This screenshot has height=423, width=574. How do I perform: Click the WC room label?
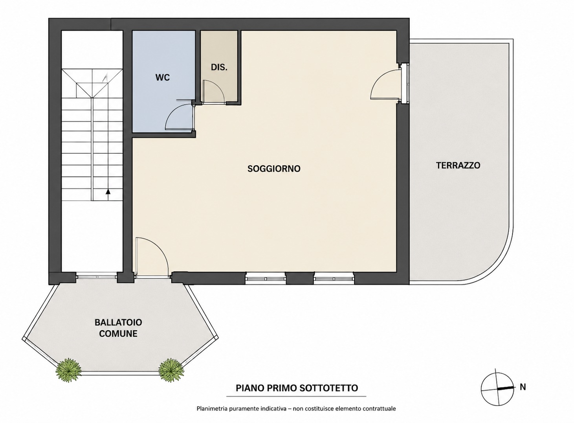coord(163,77)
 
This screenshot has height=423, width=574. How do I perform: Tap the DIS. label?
coord(219,68)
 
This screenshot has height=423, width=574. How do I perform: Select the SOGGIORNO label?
coord(274,169)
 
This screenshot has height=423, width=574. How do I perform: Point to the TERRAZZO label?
coord(458,166)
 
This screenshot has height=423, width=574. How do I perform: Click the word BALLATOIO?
coord(118,322)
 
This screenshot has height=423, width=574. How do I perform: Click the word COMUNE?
coord(118,333)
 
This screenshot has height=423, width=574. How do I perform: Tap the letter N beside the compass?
coord(523,387)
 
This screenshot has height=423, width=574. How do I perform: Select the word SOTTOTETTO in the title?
coord(328,388)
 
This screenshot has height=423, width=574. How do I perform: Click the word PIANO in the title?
coord(250,388)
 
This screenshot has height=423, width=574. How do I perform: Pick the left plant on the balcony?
coord(68,370)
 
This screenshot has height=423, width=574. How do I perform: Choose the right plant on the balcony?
coord(171,370)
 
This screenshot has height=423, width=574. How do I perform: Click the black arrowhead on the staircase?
coord(108,191)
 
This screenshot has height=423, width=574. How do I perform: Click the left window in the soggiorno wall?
coord(266,278)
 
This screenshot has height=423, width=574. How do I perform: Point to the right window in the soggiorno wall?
coord(334,278)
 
